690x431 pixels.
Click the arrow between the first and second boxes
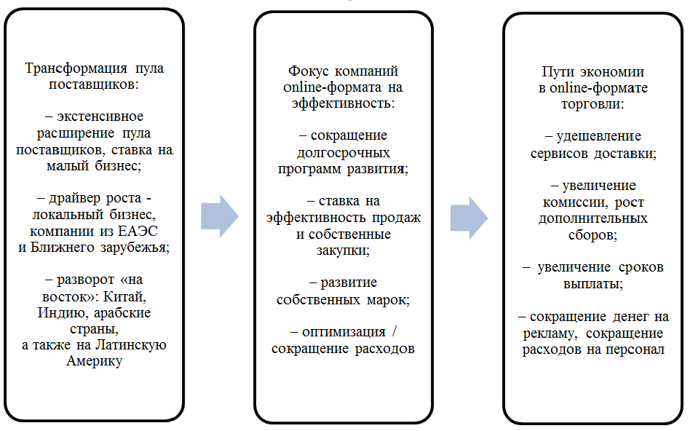tap(219, 216)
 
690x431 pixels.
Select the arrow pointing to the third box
tap(468, 216)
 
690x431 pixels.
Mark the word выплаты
tap(592, 283)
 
